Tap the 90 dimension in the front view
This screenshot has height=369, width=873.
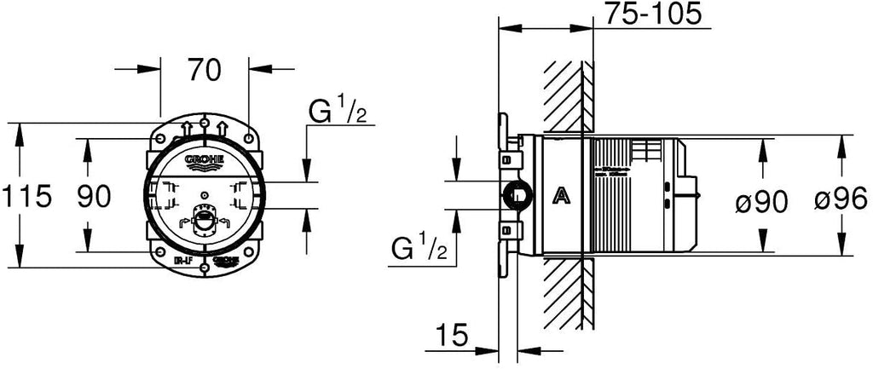[x=95, y=197]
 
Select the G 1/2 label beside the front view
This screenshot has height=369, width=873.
[x=338, y=112]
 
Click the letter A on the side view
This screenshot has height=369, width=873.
[x=561, y=197]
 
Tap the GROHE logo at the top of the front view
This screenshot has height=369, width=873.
[x=204, y=161]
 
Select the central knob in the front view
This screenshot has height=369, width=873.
[x=203, y=224]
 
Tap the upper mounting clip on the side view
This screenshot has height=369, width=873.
[x=509, y=159]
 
